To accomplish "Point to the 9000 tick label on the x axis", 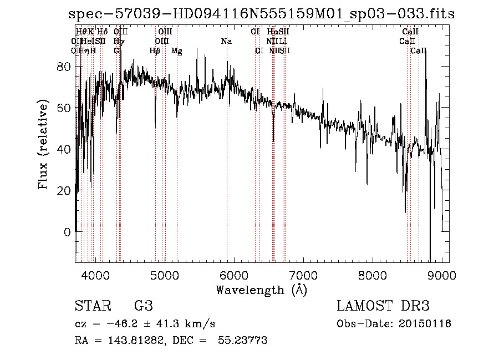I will (x=442, y=276).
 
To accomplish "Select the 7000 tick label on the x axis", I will (x=303, y=276).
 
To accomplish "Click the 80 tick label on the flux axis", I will (x=64, y=67).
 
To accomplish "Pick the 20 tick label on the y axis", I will (x=64, y=190).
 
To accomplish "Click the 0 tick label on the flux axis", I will (x=68, y=232).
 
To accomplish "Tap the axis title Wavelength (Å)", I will (x=261, y=290).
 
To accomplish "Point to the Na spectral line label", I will (x=226, y=42).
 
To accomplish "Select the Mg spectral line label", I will (x=177, y=51).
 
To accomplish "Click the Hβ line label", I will (x=155, y=51).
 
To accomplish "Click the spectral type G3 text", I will (x=143, y=306).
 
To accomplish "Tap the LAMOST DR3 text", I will (x=383, y=306).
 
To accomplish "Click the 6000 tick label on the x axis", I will (x=233, y=276).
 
